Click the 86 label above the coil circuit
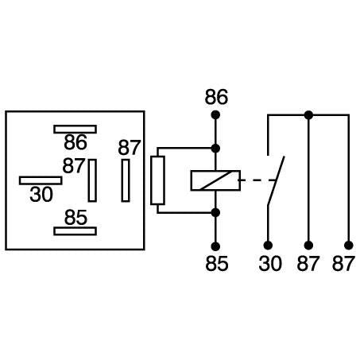[x=215, y=97]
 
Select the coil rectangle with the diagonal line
[x=215, y=180]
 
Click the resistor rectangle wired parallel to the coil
[x=158, y=180]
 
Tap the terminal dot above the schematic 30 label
[x=269, y=244]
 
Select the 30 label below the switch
[x=270, y=263]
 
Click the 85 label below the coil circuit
[x=215, y=263]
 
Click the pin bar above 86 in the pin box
[x=75, y=128]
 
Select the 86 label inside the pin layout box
[x=75, y=143]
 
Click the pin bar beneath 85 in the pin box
[x=75, y=230]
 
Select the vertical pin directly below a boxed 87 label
[x=126, y=180]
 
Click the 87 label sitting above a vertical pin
[x=129, y=148]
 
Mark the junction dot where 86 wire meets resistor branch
[x=215, y=148]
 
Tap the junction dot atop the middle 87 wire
[x=308, y=115]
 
